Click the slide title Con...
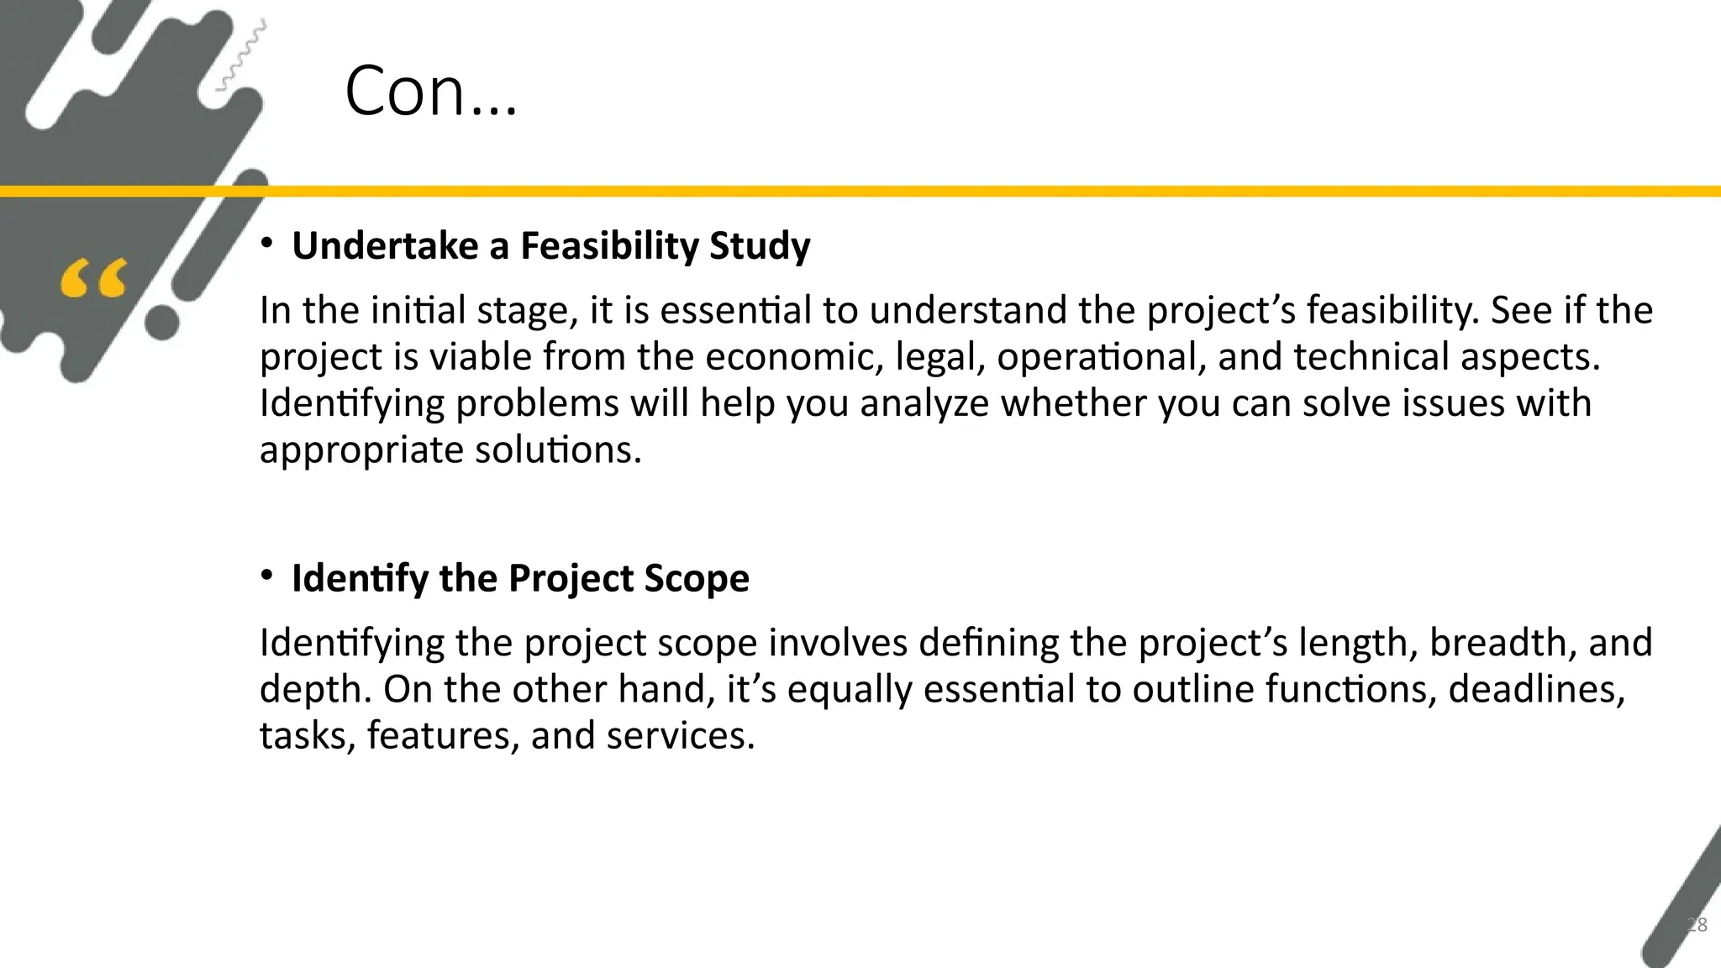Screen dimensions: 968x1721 430,92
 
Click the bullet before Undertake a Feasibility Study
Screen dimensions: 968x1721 266,245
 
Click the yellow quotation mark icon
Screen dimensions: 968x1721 93,279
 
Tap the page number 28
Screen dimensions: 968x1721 1697,925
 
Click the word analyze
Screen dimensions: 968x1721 924,404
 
